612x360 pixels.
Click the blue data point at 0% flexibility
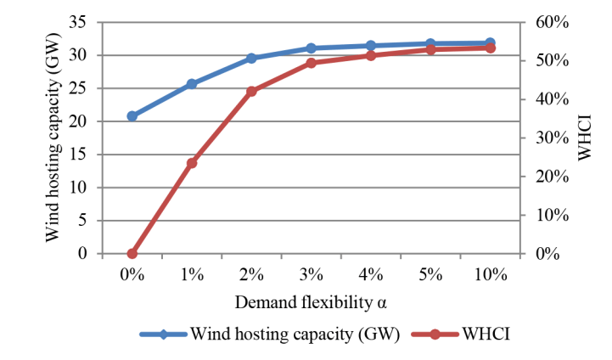pos(132,116)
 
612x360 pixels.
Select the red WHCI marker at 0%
pos(132,253)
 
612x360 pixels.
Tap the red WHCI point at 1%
pos(192,163)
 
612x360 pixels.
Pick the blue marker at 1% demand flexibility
pos(192,84)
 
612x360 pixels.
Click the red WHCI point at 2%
pos(251,91)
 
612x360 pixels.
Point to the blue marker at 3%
pos(311,48)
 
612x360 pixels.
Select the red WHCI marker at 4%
pos(371,55)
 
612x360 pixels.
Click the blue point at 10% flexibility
pos(490,42)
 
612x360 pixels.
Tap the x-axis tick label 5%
pos(430,274)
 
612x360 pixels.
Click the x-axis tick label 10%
pos(490,274)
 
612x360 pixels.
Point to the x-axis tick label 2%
pos(251,274)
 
